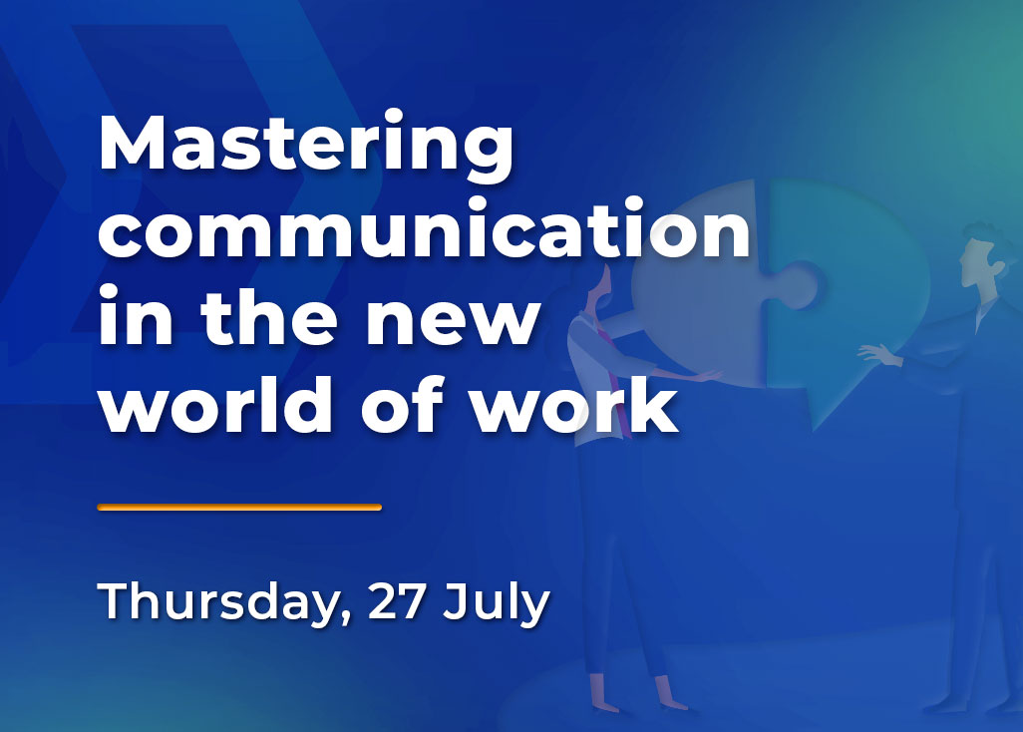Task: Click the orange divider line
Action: pos(239,508)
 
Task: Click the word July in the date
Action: pos(497,602)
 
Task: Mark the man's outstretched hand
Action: pos(871,354)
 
